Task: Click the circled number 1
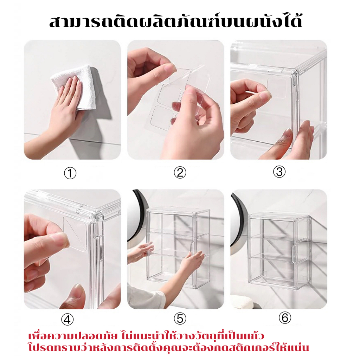(70, 173)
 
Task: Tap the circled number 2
(180, 173)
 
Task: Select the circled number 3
(279, 172)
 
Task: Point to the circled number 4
(67, 319)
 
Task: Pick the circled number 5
(180, 319)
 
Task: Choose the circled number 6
(285, 318)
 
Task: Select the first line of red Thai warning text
(146, 336)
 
